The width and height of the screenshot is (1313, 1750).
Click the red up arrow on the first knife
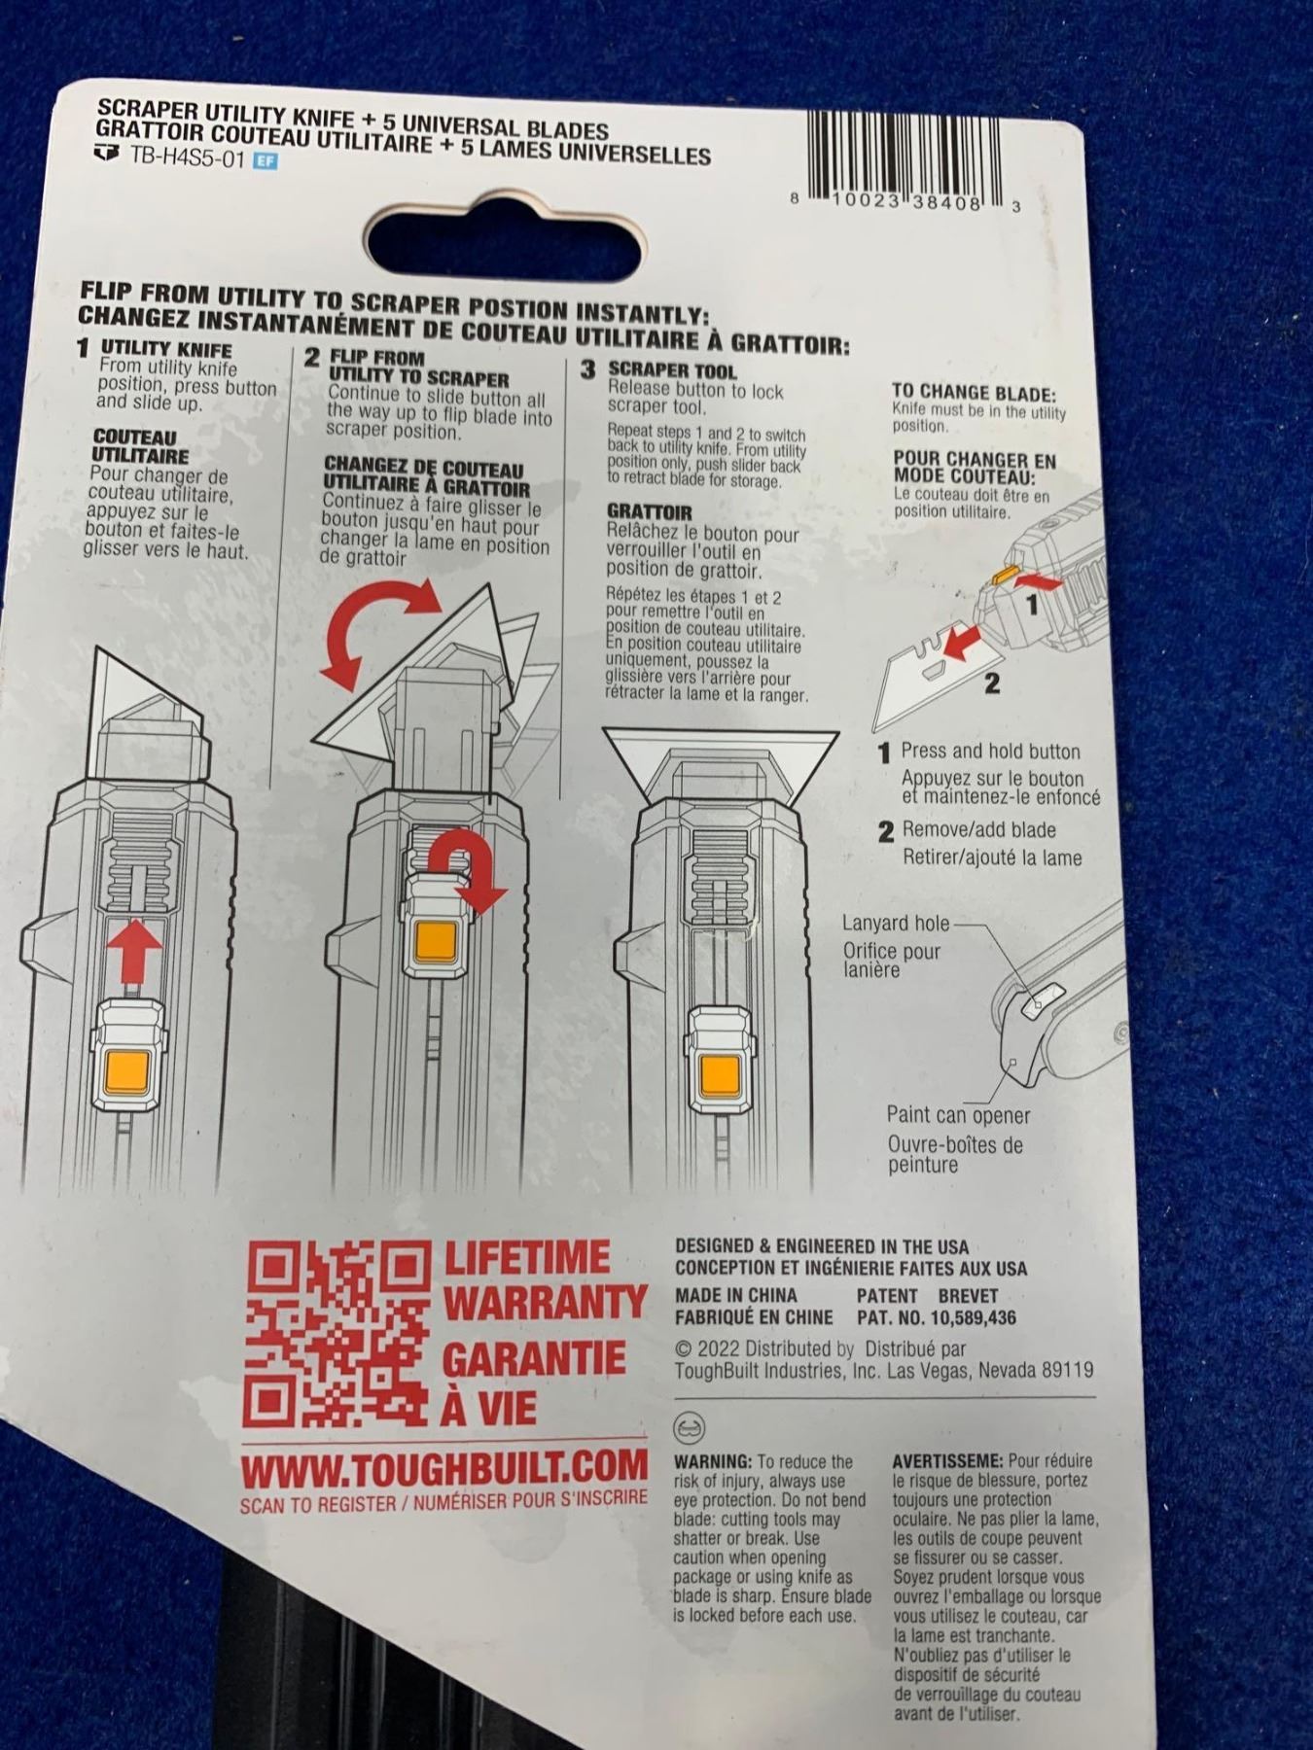point(132,950)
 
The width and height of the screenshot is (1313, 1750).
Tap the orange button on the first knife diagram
point(128,1070)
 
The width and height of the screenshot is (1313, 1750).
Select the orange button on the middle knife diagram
point(435,941)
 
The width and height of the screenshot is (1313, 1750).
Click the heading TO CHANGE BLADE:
point(974,393)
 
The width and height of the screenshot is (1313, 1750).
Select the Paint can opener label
point(958,1115)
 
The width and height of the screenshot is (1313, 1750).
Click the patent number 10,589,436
point(962,1318)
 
